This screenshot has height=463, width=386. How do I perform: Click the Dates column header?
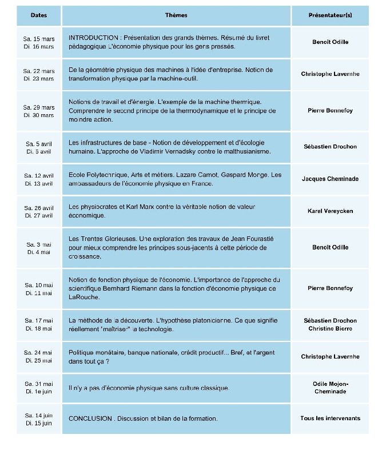click(x=39, y=15)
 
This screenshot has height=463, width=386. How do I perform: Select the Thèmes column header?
click(x=176, y=15)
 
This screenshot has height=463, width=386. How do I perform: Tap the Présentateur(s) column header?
click(x=330, y=15)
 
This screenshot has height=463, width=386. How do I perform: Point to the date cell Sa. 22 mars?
click(x=39, y=71)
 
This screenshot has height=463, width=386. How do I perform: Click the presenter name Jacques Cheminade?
click(x=330, y=179)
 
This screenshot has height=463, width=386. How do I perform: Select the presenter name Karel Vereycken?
click(x=330, y=211)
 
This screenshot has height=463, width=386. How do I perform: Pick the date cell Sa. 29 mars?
click(x=39, y=107)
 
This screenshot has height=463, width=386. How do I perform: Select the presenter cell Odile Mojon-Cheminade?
click(x=330, y=388)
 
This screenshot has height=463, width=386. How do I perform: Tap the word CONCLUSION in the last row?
click(x=90, y=418)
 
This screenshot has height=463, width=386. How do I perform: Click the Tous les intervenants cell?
click(x=330, y=418)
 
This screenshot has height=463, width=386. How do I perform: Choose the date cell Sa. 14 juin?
click(x=39, y=415)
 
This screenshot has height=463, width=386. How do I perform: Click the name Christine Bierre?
click(x=330, y=329)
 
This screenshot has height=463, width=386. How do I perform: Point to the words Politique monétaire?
click(x=94, y=352)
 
